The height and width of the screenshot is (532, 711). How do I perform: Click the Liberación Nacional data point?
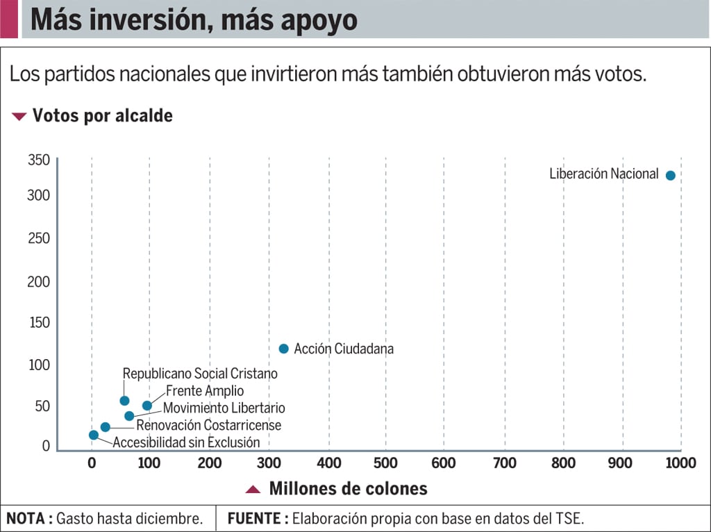(x=670, y=175)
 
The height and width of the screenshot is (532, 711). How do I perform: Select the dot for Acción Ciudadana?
(x=283, y=349)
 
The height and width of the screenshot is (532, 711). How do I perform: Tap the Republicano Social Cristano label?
(x=200, y=374)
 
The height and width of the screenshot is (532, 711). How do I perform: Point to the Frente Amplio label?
(x=205, y=391)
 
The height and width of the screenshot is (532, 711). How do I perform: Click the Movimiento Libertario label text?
(x=224, y=408)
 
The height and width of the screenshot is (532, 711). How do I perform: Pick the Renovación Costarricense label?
(x=208, y=425)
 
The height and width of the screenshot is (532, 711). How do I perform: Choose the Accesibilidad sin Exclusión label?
(x=186, y=442)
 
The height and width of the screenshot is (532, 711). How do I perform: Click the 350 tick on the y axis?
(x=38, y=160)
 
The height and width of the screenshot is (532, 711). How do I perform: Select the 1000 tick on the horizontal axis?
(x=680, y=463)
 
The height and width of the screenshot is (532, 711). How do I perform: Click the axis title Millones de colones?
(x=348, y=489)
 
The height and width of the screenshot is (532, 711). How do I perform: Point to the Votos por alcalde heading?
(x=103, y=116)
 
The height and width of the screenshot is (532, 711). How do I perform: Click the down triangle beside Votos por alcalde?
(x=19, y=117)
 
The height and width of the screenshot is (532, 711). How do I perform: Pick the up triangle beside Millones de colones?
(x=253, y=490)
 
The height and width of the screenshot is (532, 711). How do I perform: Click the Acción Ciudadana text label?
(x=344, y=349)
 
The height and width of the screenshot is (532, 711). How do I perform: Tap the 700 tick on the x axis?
(x=504, y=463)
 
